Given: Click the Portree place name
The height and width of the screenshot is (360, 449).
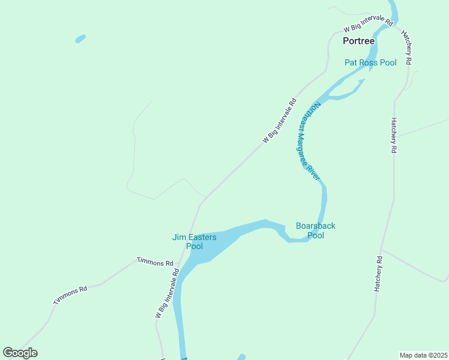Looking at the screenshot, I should coord(358,41).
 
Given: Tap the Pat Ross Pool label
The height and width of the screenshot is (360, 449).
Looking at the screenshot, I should coord(370,62).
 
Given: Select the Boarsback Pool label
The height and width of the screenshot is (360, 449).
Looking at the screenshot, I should coord(316,230).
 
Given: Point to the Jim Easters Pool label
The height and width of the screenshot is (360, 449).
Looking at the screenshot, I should coord(194,242).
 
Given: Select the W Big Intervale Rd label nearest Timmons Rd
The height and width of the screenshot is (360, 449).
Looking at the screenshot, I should coord(167,293).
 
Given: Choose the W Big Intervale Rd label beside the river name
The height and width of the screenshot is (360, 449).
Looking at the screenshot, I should coord(280,121).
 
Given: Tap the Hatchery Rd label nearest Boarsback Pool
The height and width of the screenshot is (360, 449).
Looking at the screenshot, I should coord(378,274).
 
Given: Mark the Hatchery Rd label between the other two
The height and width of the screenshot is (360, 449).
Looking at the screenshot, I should coord(394,136).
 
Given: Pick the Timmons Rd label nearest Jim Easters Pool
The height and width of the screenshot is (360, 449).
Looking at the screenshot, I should coord(155,262).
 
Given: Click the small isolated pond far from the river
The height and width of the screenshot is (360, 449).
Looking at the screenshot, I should coord(80,39).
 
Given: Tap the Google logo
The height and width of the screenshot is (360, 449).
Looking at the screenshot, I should coord(20,353).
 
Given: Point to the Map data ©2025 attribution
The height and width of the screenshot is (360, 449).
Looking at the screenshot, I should coord(424,355).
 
